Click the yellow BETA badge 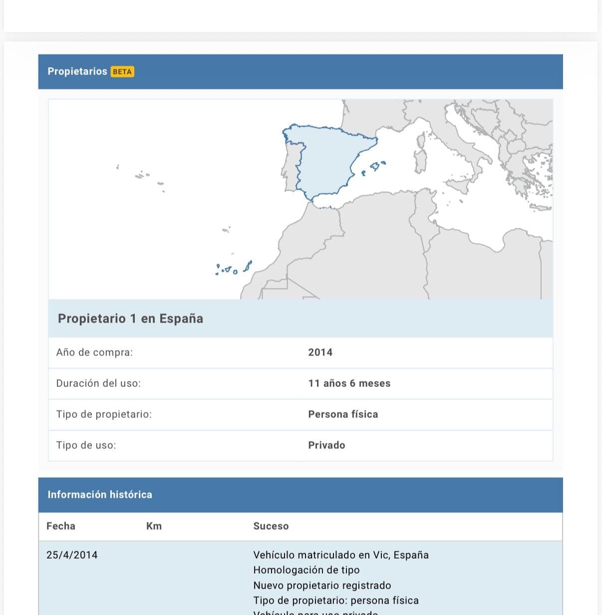click(122, 72)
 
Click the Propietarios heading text click(77, 71)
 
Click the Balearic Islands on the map click(375, 166)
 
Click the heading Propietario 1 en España click(130, 318)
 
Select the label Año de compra click(94, 352)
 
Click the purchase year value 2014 click(320, 352)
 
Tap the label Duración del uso click(98, 383)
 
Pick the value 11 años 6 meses click(349, 383)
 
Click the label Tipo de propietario click(104, 414)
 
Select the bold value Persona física click(343, 414)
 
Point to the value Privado click(326, 445)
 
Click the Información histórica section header click(100, 495)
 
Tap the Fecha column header click(61, 526)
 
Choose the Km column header click(154, 526)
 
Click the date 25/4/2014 click(72, 555)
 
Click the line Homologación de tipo click(306, 570)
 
